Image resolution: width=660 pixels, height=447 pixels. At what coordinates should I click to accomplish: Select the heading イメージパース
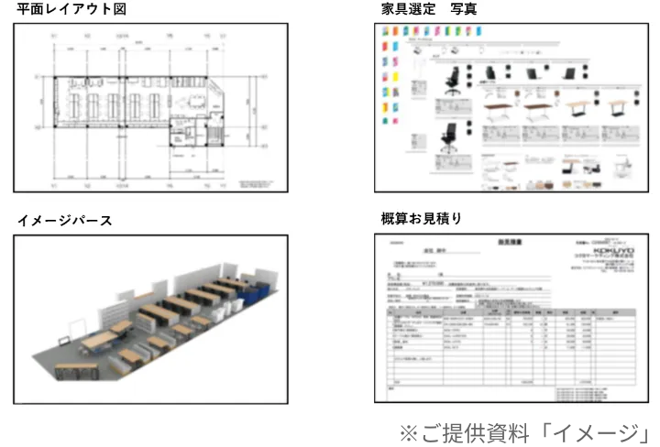[x=64, y=220]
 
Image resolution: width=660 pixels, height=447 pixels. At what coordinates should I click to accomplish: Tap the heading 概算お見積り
[x=421, y=219]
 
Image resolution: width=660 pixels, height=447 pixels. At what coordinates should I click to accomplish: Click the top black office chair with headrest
[x=450, y=80]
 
